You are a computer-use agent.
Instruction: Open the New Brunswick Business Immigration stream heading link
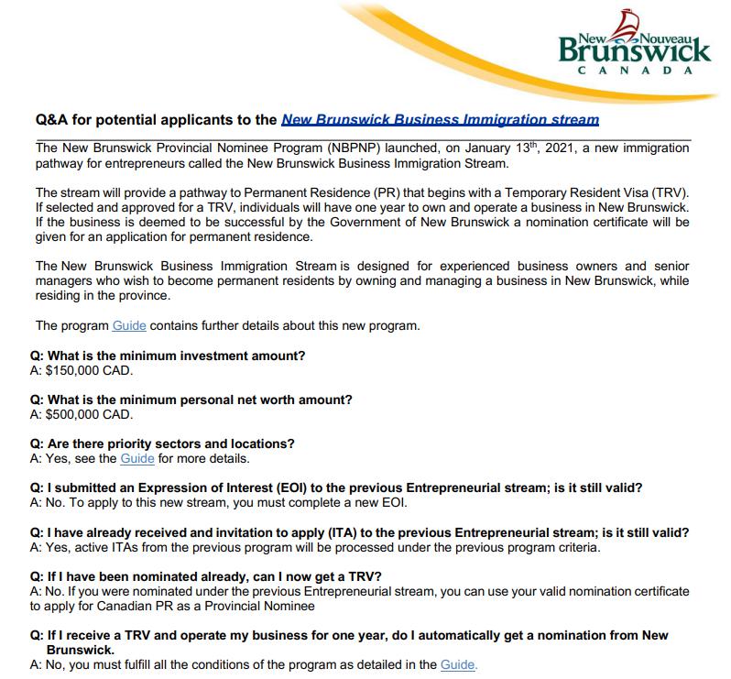tap(440, 120)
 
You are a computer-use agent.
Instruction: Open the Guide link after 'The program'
tap(129, 325)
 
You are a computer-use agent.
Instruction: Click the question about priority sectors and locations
tap(162, 444)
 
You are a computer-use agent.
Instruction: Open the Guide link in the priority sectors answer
tap(137, 458)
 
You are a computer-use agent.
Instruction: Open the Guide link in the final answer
tap(458, 665)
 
